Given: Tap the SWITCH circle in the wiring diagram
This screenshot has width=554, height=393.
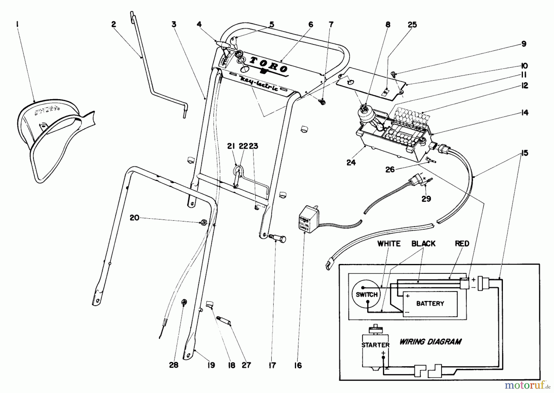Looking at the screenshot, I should [x=366, y=294].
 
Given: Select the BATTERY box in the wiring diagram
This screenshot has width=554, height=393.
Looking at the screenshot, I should [x=430, y=303].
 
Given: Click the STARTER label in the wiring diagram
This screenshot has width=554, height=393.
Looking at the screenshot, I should [x=375, y=345].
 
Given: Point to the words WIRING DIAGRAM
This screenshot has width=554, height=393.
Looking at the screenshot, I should [x=430, y=342].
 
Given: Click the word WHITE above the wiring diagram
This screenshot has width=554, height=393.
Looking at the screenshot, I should [x=389, y=244].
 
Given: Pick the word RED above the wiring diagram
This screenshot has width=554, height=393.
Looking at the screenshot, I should [x=462, y=244].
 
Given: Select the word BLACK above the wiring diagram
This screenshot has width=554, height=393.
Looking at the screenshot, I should [x=424, y=244].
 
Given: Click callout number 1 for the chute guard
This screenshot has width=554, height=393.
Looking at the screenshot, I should [x=18, y=24].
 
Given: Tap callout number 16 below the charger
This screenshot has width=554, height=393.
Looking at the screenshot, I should [x=298, y=365].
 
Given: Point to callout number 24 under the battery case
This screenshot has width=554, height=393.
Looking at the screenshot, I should [x=351, y=162].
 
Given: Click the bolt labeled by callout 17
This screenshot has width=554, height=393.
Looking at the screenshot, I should [x=278, y=239].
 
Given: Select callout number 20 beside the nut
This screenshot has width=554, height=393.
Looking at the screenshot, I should [x=134, y=218].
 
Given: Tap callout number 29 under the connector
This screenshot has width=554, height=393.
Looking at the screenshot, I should [x=426, y=199].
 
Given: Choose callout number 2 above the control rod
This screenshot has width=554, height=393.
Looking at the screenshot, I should [x=114, y=24].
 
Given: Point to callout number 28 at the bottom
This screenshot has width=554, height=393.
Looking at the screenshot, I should [x=174, y=365].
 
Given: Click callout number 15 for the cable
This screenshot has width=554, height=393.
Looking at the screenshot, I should [x=525, y=153].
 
